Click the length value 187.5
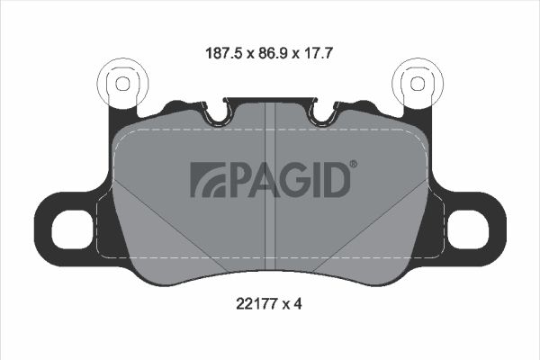(x=225, y=53)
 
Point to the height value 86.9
(x=273, y=53)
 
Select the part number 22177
(x=256, y=304)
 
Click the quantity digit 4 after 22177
(x=298, y=304)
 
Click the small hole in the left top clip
(x=122, y=84)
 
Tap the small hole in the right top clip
(x=418, y=84)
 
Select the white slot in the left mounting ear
(x=72, y=229)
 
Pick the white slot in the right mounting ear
(x=468, y=229)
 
